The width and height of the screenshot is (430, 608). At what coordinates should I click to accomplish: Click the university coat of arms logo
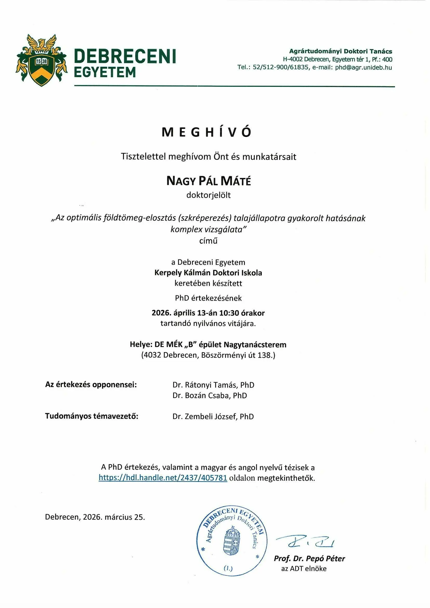point(42,60)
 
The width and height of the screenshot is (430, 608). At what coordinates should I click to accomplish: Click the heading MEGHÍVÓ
point(206,132)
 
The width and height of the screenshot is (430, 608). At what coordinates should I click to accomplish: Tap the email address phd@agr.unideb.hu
point(363,68)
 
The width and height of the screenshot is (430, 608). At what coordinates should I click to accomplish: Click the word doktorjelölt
point(209,195)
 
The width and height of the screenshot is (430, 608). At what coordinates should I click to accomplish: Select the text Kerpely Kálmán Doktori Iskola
point(208,273)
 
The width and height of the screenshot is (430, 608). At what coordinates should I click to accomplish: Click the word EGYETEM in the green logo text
point(105,72)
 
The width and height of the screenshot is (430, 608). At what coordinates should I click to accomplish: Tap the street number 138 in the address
point(264,355)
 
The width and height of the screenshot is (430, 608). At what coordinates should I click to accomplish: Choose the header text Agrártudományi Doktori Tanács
point(341,51)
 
